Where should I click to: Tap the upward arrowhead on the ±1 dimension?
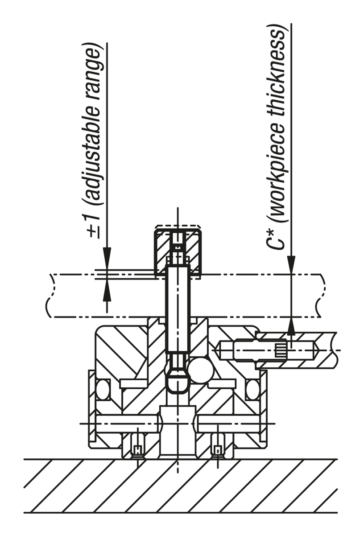point(107,290)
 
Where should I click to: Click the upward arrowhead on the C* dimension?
point(291,327)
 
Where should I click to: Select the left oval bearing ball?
point(103,389)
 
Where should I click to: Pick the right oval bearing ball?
point(252,389)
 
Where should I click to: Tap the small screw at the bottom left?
point(138,449)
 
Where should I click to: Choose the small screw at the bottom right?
point(218,449)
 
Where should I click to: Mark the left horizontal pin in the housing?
point(127,423)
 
